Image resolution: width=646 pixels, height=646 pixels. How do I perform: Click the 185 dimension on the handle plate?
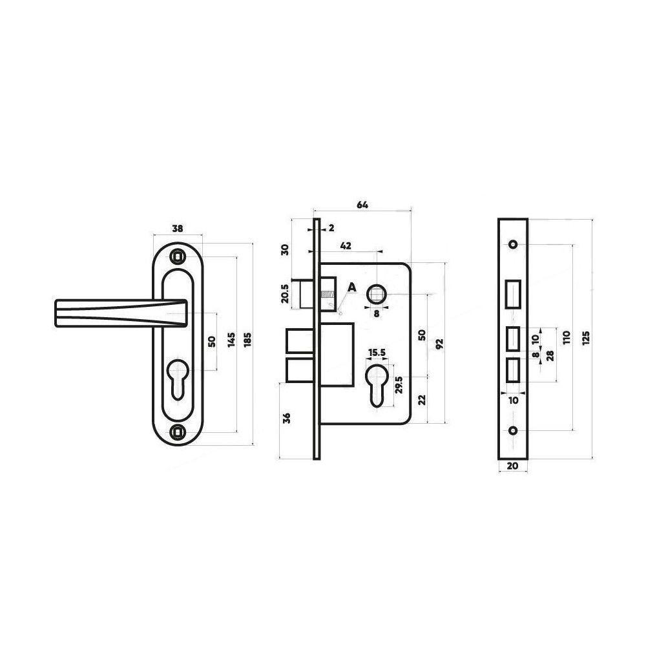pos(247,340)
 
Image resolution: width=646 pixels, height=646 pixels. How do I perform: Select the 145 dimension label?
pos(231,340)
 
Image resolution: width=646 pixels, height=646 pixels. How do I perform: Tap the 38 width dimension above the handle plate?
pos(178,228)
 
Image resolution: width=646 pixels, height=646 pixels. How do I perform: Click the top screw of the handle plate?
pos(178,256)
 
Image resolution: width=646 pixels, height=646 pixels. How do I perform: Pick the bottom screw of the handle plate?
pos(178,432)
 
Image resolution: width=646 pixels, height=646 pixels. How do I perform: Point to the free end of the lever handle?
pos(56,313)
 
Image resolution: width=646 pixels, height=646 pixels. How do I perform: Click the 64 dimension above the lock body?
pos(362,205)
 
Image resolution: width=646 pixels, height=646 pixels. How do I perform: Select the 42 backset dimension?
pos(346,246)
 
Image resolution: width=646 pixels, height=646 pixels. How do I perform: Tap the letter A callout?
pos(352,287)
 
